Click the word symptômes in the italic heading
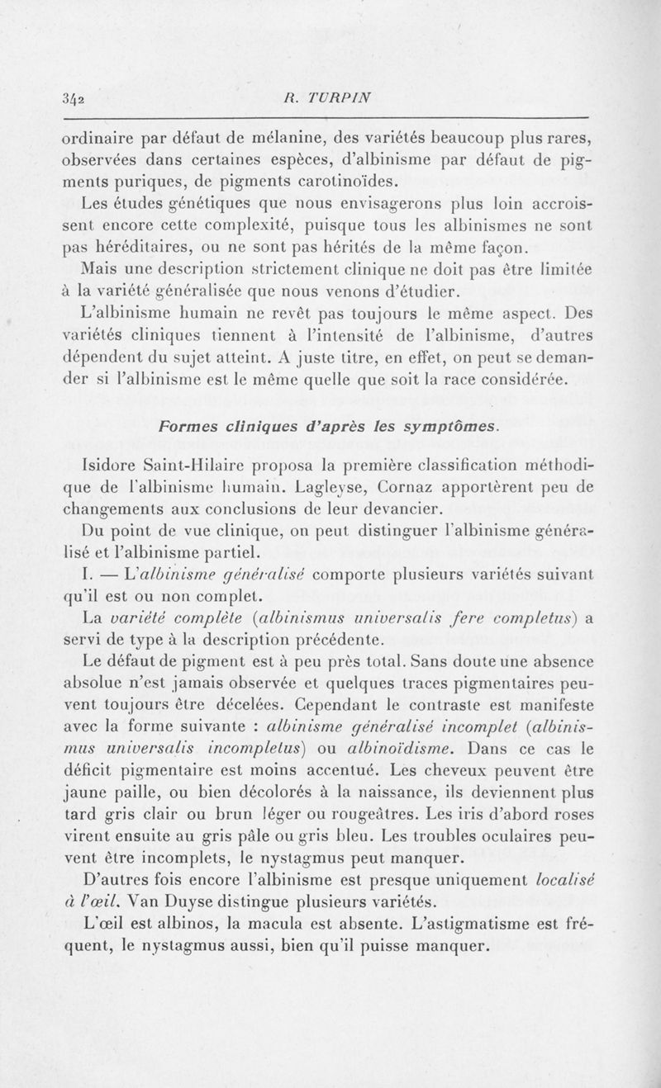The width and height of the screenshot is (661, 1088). pyautogui.click(x=452, y=425)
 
